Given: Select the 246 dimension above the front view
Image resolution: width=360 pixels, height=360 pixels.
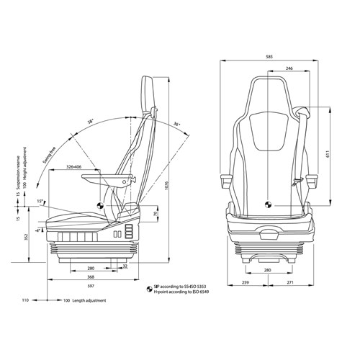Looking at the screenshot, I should pyautogui.click(x=288, y=68).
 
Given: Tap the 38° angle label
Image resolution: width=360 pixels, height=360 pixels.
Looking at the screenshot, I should pyautogui.click(x=91, y=122).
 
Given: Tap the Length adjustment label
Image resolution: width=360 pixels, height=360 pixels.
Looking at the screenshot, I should pyautogui.click(x=91, y=300).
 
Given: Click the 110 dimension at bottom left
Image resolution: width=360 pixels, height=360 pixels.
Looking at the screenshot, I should pyautogui.click(x=24, y=300).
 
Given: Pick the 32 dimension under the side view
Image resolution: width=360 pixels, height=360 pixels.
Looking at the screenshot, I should pyautogui.click(x=125, y=266).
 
